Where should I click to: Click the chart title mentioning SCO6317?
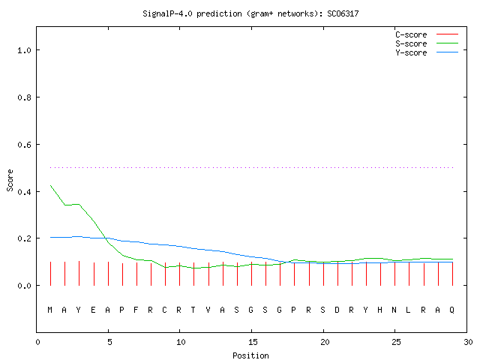point(250,13)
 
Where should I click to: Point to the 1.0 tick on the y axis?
point(24,50)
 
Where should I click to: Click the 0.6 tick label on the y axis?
point(24,145)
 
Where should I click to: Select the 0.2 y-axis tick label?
point(24,238)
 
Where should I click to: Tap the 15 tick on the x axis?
point(253,342)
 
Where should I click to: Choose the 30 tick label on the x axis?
point(468,342)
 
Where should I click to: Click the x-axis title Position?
point(250,355)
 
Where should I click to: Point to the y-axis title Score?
point(10,180)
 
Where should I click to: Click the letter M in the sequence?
point(50,310)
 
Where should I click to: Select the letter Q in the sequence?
point(451,310)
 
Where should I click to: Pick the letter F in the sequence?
point(136,310)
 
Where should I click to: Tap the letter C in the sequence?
point(164,310)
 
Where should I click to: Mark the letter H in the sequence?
point(380,310)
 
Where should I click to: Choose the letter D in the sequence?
point(337,310)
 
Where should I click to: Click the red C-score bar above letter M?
point(50,274)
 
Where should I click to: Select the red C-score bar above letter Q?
point(453,274)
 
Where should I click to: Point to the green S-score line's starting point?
point(50,185)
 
